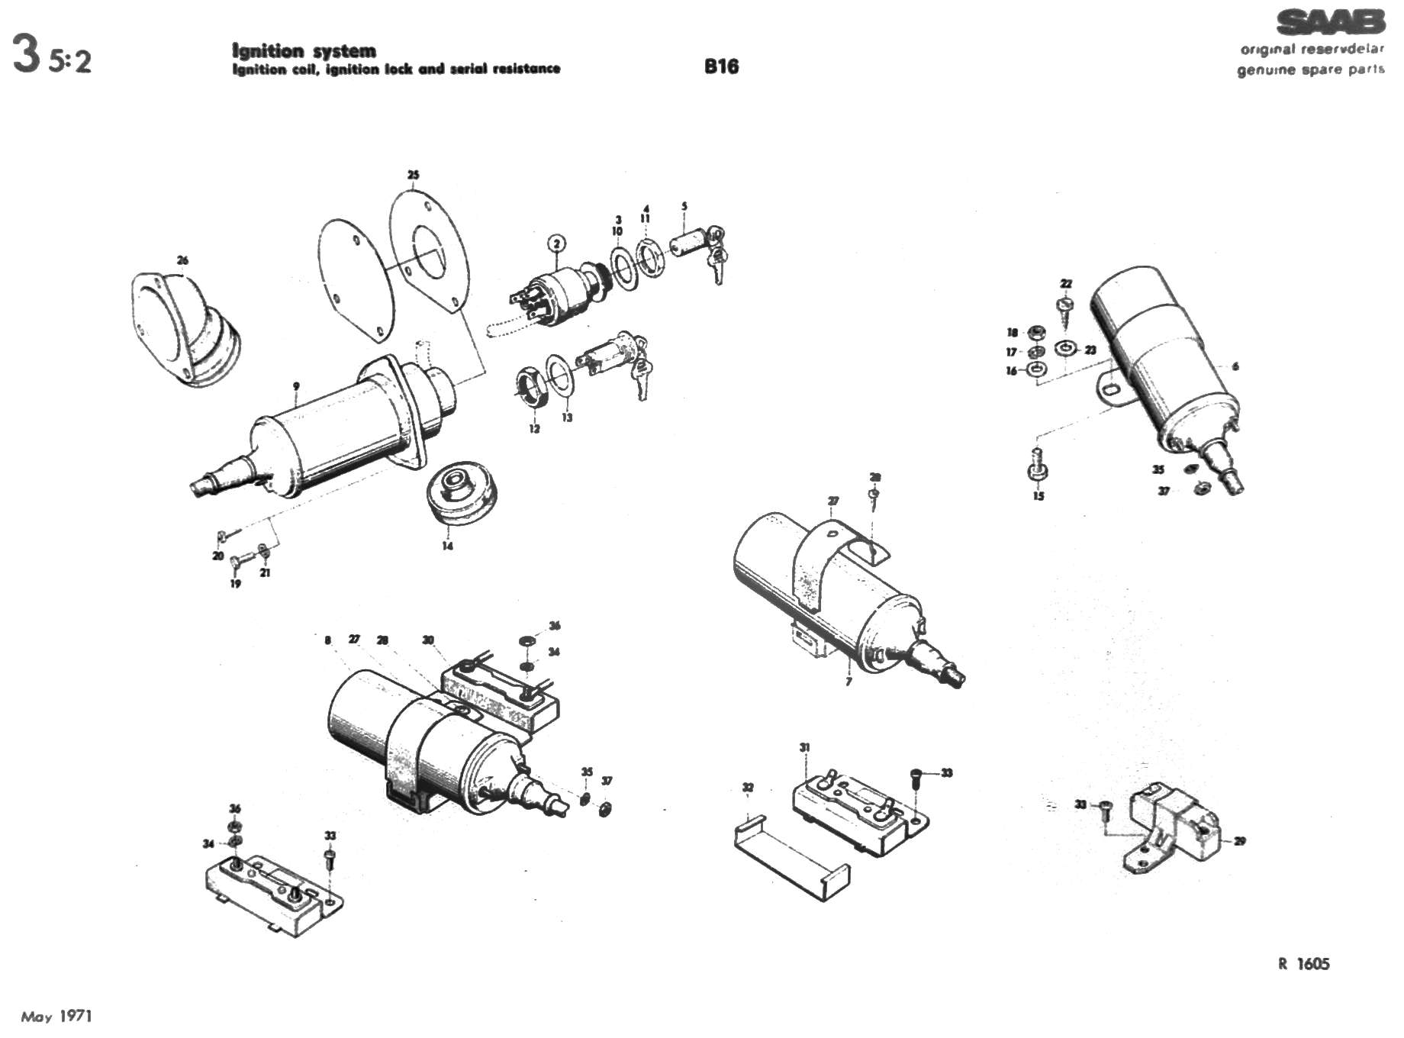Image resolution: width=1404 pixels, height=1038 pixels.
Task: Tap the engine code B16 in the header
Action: (x=721, y=66)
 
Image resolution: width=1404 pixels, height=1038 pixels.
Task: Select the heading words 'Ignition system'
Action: (x=304, y=51)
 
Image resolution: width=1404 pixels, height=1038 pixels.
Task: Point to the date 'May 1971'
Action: (x=56, y=1016)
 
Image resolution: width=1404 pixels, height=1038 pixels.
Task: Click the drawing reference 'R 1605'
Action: (x=1303, y=964)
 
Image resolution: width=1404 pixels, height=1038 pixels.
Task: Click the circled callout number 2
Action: (x=557, y=243)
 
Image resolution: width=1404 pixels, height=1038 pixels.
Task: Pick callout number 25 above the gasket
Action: (x=413, y=175)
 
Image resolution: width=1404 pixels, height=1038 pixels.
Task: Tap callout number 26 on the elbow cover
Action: (x=182, y=260)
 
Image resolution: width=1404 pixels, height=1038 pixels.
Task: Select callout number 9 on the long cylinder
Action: (x=296, y=386)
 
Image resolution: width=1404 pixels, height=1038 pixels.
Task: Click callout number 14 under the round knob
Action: (x=447, y=546)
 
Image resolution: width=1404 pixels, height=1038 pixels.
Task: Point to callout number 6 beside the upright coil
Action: (x=1235, y=366)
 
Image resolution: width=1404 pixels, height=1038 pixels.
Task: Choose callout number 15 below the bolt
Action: (x=1038, y=496)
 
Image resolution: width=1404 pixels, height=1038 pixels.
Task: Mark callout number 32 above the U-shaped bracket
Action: (x=748, y=788)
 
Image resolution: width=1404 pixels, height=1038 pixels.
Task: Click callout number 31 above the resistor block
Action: (x=804, y=747)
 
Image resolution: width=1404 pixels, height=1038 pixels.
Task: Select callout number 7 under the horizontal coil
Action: (x=849, y=681)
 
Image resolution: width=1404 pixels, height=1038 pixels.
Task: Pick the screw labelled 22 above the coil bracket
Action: (x=1065, y=307)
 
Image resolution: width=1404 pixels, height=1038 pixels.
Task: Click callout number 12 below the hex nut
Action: (x=534, y=429)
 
